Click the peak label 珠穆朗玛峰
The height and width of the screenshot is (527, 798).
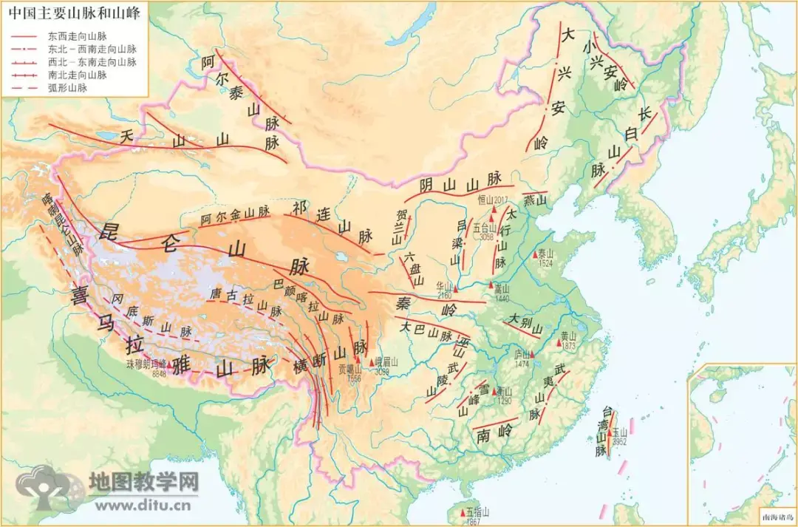tap(145, 364)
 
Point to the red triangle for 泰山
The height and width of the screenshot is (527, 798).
tap(536, 254)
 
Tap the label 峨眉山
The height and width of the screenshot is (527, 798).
tap(386, 361)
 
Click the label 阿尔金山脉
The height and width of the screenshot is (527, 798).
tap(235, 215)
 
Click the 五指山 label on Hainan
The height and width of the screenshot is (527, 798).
tap(478, 511)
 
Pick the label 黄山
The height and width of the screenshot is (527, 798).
tap(568, 336)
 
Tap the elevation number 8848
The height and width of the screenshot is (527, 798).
tap(159, 375)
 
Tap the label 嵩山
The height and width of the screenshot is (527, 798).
tap(502, 288)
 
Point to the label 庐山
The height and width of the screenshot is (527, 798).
tap(522, 354)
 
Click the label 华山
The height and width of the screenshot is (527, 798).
tap(443, 285)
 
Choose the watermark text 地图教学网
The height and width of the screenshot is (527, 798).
tap(144, 482)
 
